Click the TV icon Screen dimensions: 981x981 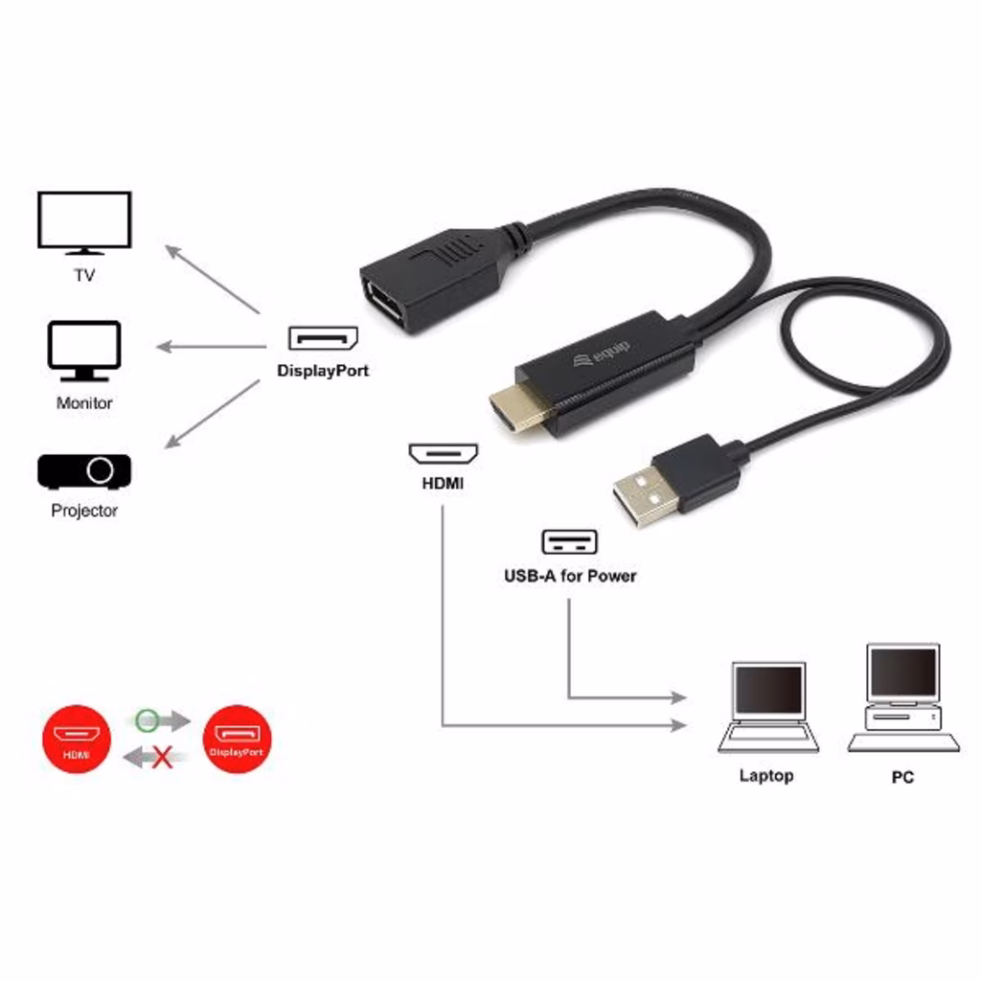[x=84, y=222]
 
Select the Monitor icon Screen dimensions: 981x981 [x=84, y=351]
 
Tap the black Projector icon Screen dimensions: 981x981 [x=84, y=471]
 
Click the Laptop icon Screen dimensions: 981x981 [x=767, y=707]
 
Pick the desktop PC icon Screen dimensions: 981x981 [x=902, y=697]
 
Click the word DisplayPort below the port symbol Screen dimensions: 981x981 [x=323, y=371]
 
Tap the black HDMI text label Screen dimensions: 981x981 [x=443, y=483]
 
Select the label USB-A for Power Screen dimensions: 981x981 [x=570, y=576]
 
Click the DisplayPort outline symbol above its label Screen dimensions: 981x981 [x=323, y=338]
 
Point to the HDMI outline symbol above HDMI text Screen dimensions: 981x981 [x=443, y=453]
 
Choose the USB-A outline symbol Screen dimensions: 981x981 [x=569, y=542]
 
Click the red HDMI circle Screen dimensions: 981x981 [x=77, y=739]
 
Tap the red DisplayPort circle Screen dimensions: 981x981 [x=238, y=739]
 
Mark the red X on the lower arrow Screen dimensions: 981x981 [x=163, y=757]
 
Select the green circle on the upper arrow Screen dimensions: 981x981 [x=147, y=720]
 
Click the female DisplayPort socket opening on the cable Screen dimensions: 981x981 [x=385, y=304]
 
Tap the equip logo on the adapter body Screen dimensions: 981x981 [x=602, y=354]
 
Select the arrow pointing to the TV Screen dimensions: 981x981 [x=212, y=279]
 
